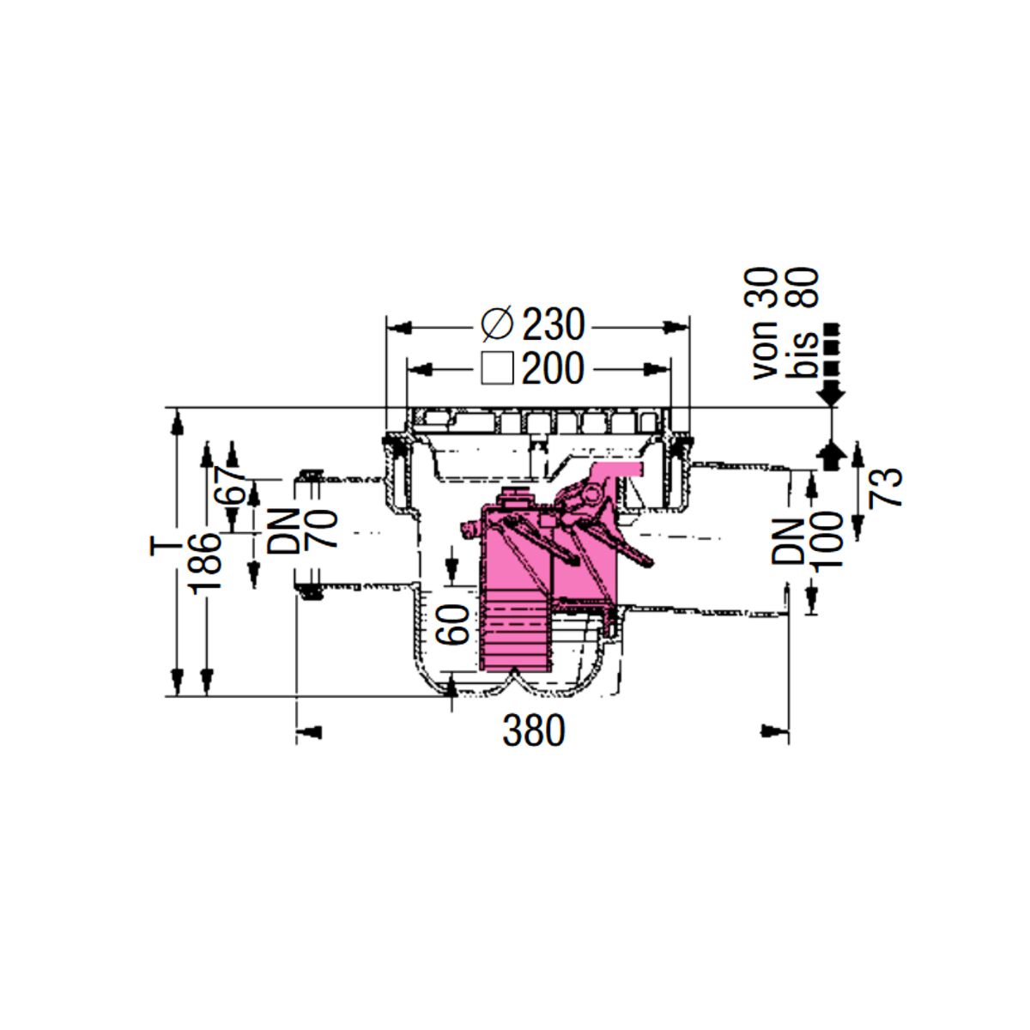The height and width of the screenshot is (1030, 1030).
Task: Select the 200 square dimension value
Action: click(x=554, y=368)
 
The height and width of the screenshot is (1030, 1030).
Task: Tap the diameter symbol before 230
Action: click(x=497, y=324)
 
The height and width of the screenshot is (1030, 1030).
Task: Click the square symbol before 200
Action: click(x=497, y=368)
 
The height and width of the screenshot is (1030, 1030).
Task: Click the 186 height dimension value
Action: click(x=207, y=564)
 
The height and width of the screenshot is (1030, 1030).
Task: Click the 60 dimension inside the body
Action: click(x=452, y=624)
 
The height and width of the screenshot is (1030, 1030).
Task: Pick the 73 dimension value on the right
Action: click(x=885, y=487)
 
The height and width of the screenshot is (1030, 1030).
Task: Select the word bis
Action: click(x=804, y=354)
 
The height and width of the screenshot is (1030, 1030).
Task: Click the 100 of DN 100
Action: click(x=828, y=542)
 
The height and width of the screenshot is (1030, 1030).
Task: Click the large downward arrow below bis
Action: click(x=831, y=395)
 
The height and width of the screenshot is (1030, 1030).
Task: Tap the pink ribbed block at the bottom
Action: click(x=515, y=630)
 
